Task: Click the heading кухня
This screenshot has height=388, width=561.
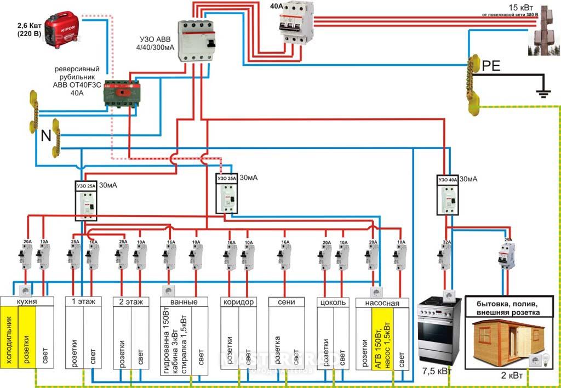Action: point(27,301)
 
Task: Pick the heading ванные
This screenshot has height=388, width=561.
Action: point(184,301)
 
